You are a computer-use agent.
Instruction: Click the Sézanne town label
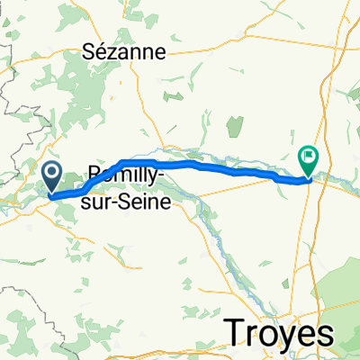[x=136, y=51]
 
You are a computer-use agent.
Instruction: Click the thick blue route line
[x=225, y=168]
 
